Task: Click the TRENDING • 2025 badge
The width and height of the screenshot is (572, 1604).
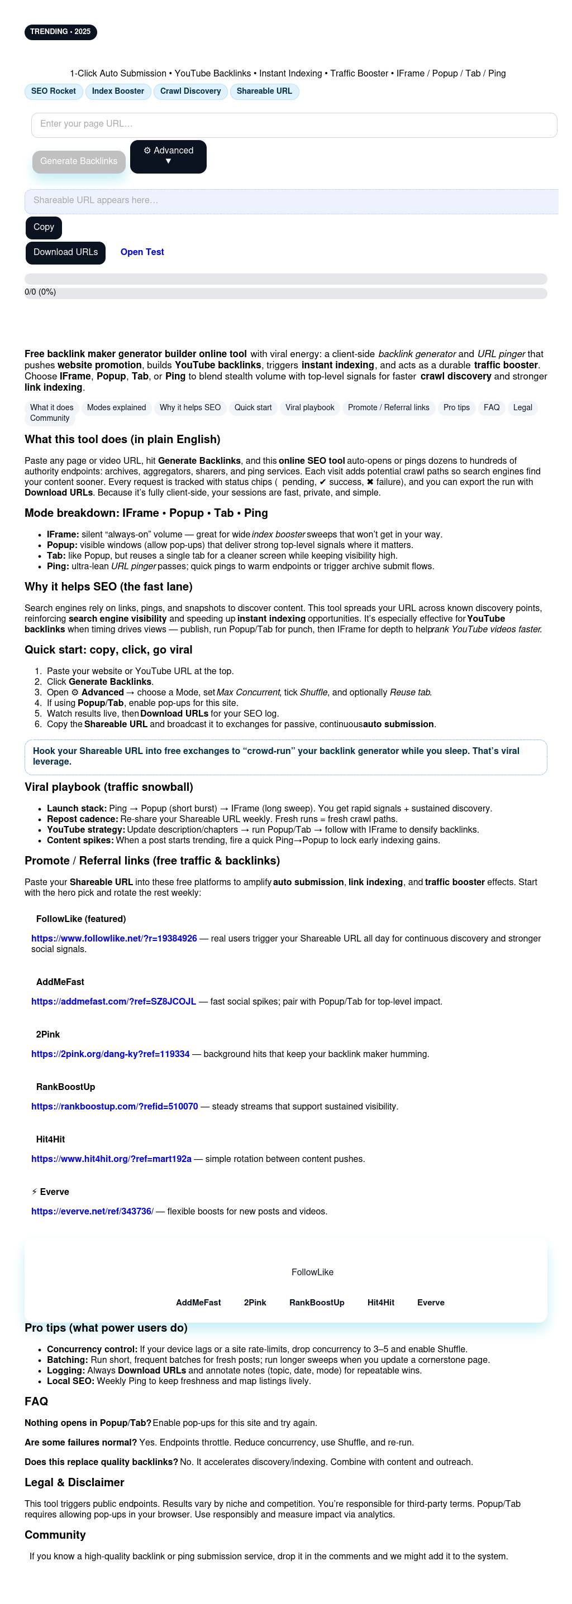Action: (60, 32)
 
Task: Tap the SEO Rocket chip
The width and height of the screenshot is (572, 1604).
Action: (54, 92)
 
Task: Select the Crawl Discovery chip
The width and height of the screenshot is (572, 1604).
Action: (190, 92)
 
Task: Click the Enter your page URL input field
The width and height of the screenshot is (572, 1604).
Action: (293, 124)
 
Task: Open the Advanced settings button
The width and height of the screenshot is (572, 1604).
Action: (168, 156)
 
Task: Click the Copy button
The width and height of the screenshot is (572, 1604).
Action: (44, 227)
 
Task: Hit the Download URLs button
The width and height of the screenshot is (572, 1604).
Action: (65, 252)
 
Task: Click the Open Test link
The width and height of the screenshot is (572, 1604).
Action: (142, 252)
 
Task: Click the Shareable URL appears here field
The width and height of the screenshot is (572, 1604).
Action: (291, 201)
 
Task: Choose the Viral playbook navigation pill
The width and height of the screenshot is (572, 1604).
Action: (309, 408)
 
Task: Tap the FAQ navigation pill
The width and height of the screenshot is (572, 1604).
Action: (491, 408)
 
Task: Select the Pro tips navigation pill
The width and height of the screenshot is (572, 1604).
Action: (456, 408)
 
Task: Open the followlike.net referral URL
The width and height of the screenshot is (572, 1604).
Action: (114, 938)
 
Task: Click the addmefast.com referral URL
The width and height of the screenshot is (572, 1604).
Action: (113, 1001)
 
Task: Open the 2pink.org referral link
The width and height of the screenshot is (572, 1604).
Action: (110, 1054)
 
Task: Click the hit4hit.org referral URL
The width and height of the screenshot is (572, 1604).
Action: (111, 1159)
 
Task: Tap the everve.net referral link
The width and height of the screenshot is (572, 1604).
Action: (92, 1211)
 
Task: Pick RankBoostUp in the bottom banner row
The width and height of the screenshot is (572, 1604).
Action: (317, 1303)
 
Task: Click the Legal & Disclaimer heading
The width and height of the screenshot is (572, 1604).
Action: (74, 1482)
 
